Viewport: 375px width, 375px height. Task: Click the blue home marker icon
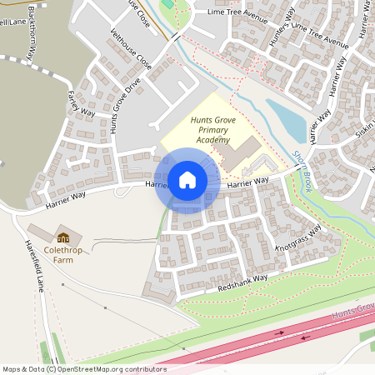coord(187,180)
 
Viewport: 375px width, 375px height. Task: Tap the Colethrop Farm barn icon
coord(62,237)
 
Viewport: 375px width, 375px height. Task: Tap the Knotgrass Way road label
coord(297,239)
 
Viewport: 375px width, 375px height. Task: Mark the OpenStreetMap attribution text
coord(84,368)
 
